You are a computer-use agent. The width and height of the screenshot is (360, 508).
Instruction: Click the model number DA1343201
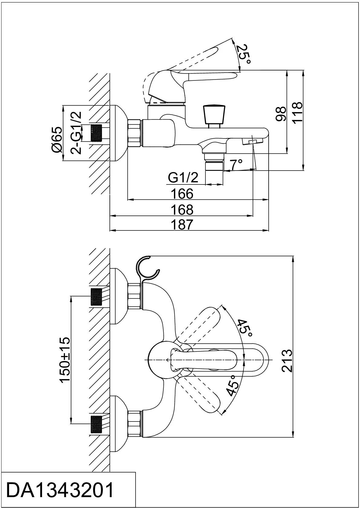point(61,490)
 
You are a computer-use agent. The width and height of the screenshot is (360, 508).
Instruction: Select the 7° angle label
point(236,164)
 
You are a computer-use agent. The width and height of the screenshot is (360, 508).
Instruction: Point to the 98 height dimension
point(281,113)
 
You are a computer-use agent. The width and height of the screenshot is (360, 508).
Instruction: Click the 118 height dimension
point(297,112)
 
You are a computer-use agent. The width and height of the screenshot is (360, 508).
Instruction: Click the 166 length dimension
point(182,194)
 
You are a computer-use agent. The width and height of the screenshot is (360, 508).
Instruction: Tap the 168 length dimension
point(182,210)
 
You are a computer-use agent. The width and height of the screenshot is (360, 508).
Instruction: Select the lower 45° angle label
point(232,386)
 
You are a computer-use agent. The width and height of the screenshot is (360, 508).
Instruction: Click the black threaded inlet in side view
point(97,133)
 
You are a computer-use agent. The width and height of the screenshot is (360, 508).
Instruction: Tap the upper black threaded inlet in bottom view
point(96,297)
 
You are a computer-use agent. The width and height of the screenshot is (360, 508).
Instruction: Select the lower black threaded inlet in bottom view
point(96,425)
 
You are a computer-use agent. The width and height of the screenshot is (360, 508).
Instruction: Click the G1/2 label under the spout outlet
point(183,177)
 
